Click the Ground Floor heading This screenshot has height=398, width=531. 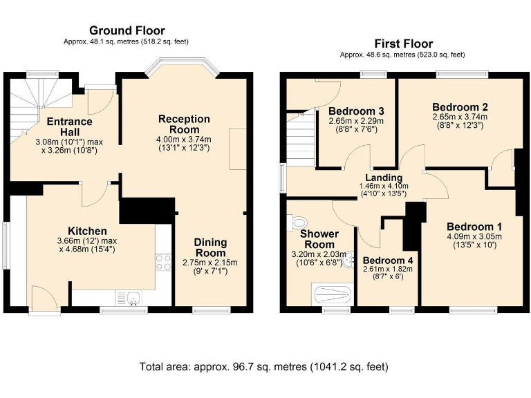(x=127, y=30)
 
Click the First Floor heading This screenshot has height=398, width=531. (x=402, y=43)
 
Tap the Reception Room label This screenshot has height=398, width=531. (x=184, y=124)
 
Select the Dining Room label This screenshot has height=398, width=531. (x=210, y=247)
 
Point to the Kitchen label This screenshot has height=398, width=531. (x=87, y=231)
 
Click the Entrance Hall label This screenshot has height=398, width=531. (x=69, y=127)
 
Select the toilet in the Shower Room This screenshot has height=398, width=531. (x=299, y=222)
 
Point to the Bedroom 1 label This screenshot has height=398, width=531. (x=474, y=227)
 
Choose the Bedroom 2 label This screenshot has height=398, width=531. (x=460, y=107)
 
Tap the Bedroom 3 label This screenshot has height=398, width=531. (x=356, y=111)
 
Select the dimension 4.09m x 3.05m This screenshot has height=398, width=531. (x=474, y=236)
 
